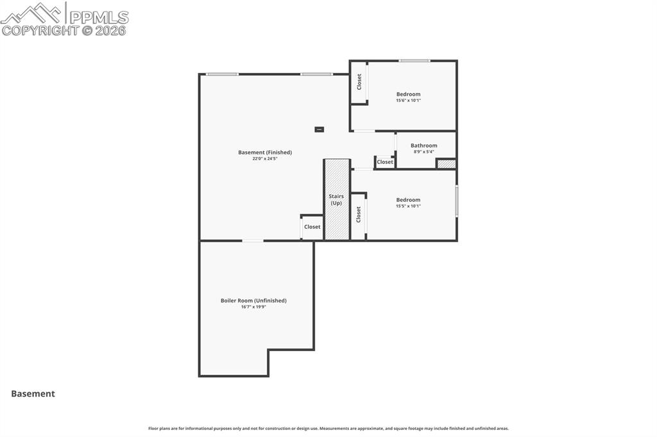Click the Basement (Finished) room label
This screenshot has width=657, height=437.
[265, 153]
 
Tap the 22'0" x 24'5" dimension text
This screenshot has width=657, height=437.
[265, 159]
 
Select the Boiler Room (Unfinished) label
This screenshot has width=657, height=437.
[253, 301]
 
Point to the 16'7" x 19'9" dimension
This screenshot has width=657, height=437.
[253, 307]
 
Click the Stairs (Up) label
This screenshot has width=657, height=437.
[336, 200]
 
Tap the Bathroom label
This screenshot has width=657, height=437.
[423, 145]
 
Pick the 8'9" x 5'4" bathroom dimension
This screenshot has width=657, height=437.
[423, 152]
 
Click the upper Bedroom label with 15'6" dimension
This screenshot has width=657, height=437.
[408, 94]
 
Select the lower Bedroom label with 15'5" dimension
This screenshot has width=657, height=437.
[408, 200]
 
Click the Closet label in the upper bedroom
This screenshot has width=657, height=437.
[359, 81]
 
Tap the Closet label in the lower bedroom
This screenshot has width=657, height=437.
[359, 214]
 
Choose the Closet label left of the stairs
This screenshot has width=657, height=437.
[312, 227]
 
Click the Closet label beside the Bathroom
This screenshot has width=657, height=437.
[385, 162]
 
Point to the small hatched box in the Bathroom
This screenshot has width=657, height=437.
[446, 164]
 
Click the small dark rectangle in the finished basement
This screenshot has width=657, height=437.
[319, 129]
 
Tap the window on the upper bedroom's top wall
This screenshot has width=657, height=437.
[414, 61]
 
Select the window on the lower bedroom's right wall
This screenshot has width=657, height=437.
[456, 201]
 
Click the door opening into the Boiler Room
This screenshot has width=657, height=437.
[253, 241]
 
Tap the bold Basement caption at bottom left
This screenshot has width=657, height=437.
[33, 394]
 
